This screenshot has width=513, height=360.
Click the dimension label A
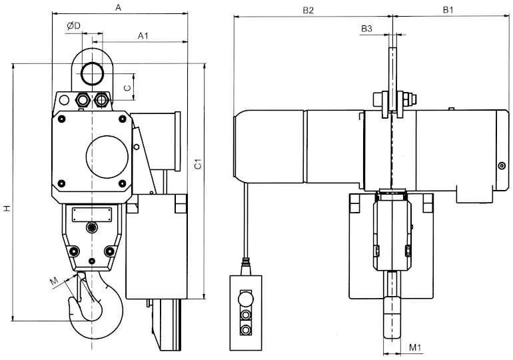click(119, 7)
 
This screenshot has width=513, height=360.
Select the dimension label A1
click(143, 36)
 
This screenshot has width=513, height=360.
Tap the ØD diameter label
click(73, 26)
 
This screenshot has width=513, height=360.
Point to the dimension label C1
click(198, 163)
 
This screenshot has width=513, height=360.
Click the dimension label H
click(7, 208)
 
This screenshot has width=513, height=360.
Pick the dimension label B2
click(308, 10)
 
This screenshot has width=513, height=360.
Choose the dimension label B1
click(448, 10)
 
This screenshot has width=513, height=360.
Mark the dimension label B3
click(366, 29)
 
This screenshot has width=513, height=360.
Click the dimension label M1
click(415, 347)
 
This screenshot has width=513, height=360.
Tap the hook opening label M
click(54, 281)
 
